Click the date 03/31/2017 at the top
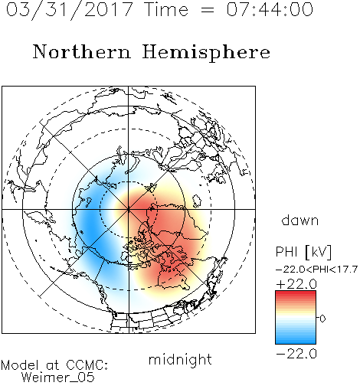coord(70,9)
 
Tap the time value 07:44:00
coord(270,9)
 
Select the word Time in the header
coord(166,9)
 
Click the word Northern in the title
coord(82,51)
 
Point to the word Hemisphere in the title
coord(206,53)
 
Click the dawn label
coord(300,220)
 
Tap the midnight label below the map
coord(180,360)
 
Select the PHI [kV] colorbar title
coord(303,252)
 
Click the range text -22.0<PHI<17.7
coord(316,270)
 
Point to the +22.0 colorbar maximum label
coord(296,284)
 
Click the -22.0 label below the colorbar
coord(296,354)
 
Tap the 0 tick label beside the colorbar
coord(322,319)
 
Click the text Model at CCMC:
coord(54,365)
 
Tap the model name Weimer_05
coord(58,378)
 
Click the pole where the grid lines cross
coord(129,209)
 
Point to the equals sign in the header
coord(208,10)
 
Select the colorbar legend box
coord(296,317)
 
